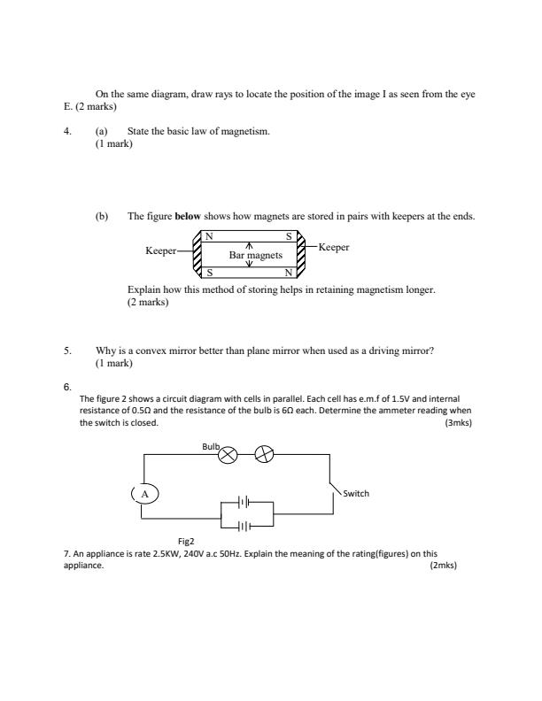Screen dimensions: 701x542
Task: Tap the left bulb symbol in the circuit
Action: (x=228, y=455)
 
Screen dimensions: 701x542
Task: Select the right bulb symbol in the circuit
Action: (x=264, y=455)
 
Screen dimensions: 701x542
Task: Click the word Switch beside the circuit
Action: (x=355, y=493)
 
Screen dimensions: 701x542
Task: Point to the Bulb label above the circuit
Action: (x=210, y=448)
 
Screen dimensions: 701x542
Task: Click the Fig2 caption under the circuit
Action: (x=186, y=540)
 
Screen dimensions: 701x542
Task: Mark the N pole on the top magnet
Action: (x=209, y=236)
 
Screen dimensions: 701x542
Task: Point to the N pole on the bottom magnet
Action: (x=288, y=272)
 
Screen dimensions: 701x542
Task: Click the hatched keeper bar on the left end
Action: (x=197, y=253)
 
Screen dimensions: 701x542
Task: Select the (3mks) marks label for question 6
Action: (x=456, y=423)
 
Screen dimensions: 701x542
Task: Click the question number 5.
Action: (x=66, y=350)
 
